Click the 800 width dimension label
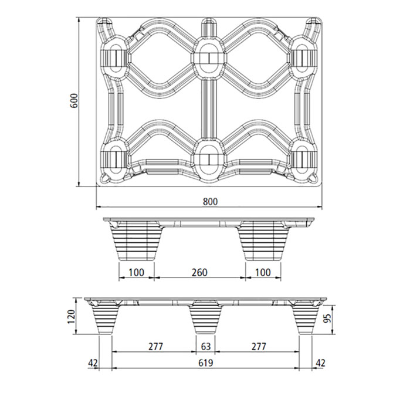(211, 201)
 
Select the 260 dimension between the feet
(199, 273)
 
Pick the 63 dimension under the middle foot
(205, 347)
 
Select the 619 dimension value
(205, 363)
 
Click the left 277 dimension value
(155, 347)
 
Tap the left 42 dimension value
(93, 363)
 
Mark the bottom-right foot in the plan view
(303, 158)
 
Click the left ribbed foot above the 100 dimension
(136, 242)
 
